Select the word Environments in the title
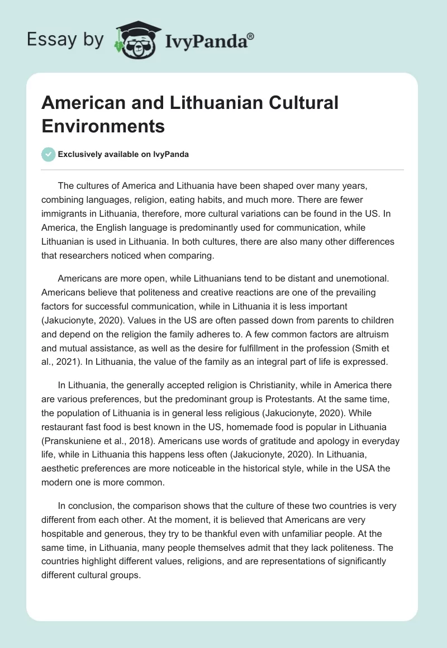click(x=103, y=126)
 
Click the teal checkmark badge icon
click(x=49, y=155)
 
